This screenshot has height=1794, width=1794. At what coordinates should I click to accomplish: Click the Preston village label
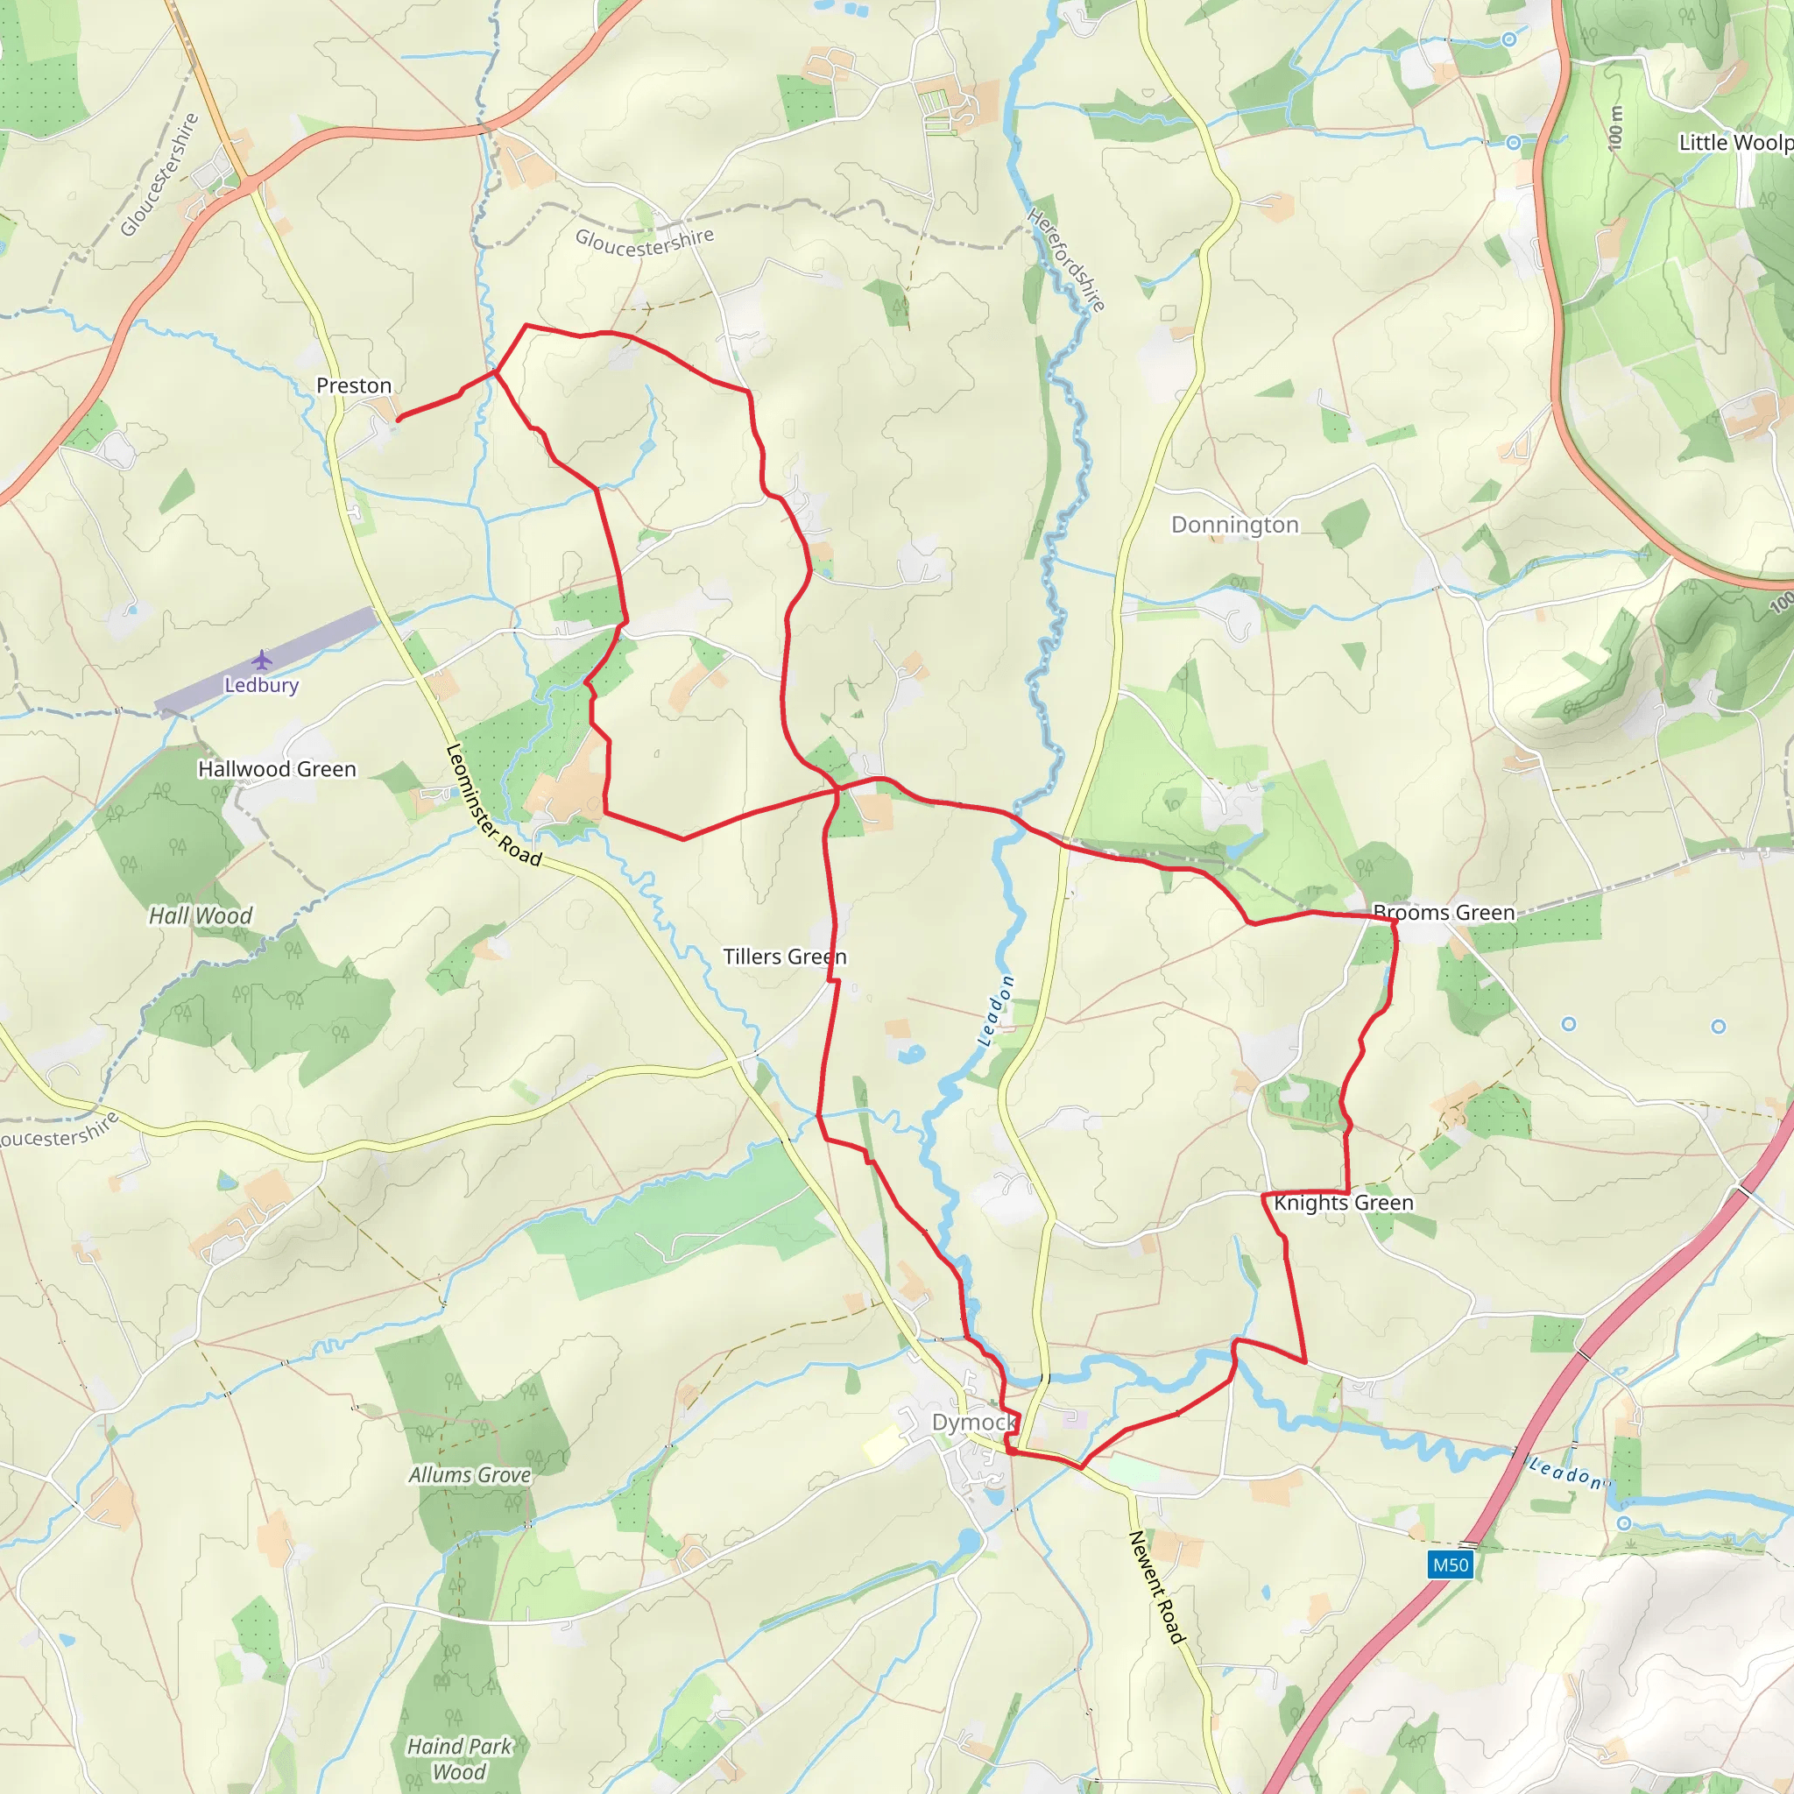354,385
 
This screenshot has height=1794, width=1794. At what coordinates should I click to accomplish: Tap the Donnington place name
1234,525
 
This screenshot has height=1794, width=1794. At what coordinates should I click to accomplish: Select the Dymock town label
974,1423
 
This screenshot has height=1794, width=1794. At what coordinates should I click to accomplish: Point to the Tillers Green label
785,957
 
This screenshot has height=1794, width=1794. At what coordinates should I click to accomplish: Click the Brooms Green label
1443,913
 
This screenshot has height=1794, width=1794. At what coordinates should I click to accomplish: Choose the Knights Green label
1343,1204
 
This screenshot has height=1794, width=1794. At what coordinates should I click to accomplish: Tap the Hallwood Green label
277,769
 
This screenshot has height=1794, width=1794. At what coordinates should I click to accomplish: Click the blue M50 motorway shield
1451,1564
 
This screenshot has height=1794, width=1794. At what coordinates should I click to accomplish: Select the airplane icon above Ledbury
262,660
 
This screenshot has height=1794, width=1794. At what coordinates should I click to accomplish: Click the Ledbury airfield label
262,685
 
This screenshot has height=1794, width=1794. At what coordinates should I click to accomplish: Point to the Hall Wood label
201,915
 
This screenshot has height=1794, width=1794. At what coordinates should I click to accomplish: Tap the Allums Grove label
470,1474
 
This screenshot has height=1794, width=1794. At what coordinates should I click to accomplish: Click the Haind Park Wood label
459,1759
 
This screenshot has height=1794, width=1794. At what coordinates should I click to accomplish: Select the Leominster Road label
493,804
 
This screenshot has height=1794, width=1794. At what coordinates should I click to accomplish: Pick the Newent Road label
1157,1587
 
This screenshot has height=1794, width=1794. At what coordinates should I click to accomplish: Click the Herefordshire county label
1066,259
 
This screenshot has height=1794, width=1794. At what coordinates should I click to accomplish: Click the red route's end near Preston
399,420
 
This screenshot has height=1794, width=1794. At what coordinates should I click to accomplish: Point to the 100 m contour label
1615,127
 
